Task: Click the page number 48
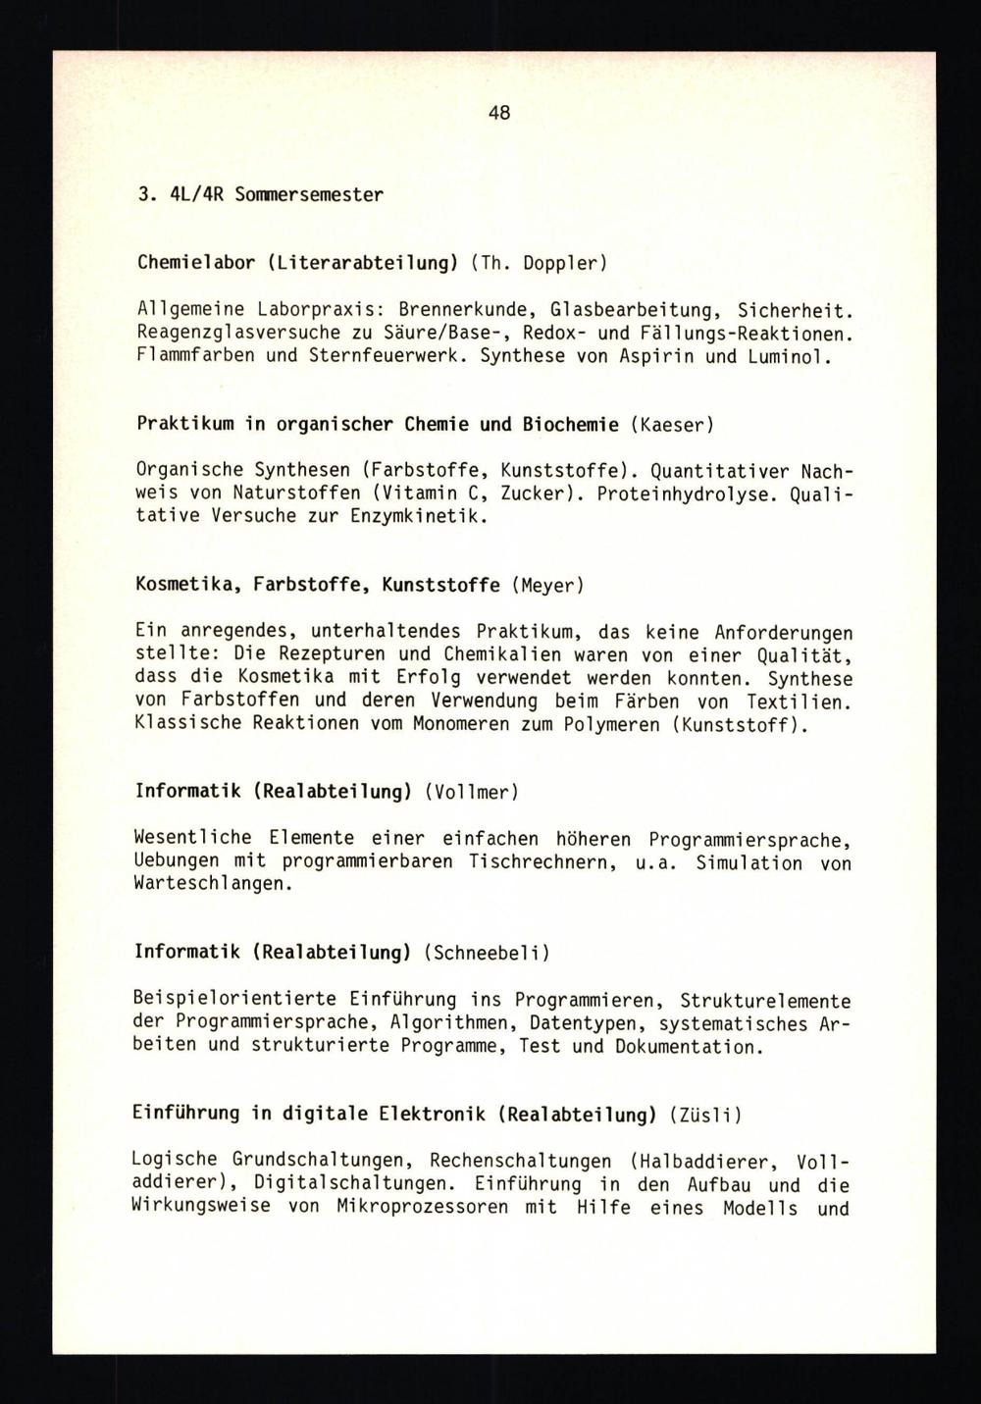(x=498, y=113)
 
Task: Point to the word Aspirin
(x=659, y=355)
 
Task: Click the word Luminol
(x=789, y=355)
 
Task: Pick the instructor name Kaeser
(x=672, y=424)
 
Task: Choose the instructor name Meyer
(x=547, y=585)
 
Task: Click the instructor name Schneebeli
(x=487, y=952)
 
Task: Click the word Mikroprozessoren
(x=424, y=1207)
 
